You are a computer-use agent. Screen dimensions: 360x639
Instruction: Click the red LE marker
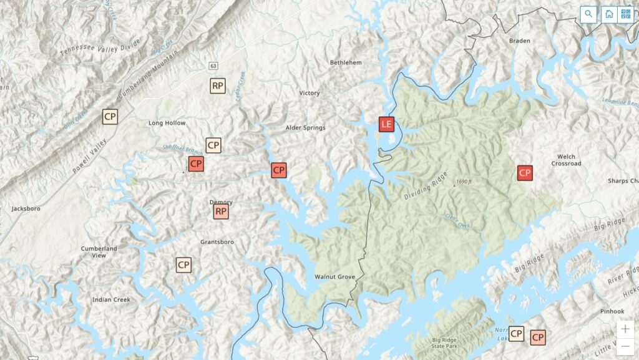(x=387, y=124)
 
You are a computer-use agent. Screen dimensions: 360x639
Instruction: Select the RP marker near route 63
(x=217, y=85)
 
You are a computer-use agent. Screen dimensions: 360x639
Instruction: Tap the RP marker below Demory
(x=221, y=212)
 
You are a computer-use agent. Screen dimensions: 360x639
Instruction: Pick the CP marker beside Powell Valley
(x=110, y=117)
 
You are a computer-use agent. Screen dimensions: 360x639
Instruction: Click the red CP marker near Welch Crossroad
(x=525, y=173)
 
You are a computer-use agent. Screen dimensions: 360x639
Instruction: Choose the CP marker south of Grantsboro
(x=183, y=265)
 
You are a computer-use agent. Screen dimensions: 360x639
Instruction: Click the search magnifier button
(x=588, y=14)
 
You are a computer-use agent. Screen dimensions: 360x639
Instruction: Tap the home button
(x=609, y=14)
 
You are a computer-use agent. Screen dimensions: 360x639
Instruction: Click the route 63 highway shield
(x=213, y=66)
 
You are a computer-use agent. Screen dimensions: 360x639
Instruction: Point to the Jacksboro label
(x=26, y=208)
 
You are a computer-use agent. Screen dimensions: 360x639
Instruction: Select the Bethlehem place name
(x=346, y=62)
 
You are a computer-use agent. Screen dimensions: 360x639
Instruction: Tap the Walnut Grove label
(x=334, y=276)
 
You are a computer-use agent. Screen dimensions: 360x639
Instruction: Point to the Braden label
(x=520, y=41)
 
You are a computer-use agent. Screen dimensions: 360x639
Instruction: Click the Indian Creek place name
(x=111, y=299)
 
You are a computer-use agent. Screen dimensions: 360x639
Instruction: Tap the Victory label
(x=310, y=93)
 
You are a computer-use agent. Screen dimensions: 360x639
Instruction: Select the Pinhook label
(x=612, y=311)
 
